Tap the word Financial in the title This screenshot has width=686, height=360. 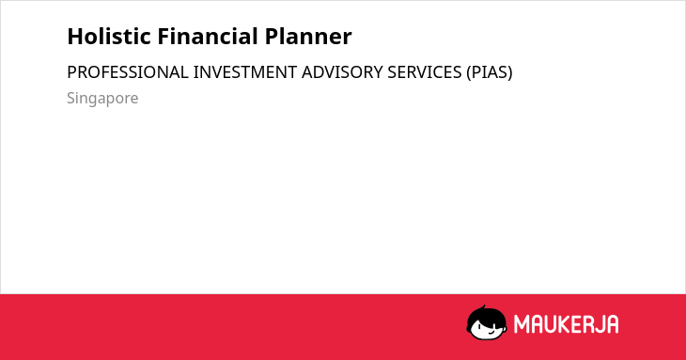(208, 37)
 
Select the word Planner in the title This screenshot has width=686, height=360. (308, 37)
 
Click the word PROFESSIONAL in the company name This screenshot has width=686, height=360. (127, 72)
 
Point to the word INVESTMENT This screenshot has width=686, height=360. (245, 72)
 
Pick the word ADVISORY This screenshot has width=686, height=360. (342, 72)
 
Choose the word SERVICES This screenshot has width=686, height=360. (425, 72)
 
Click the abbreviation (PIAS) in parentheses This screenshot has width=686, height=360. (489, 72)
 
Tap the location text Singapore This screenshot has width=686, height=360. (102, 99)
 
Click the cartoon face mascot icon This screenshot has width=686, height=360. (487, 322)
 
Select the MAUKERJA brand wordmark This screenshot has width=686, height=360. (566, 324)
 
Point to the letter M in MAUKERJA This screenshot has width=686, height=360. (522, 324)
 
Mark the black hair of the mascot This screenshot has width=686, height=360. (486, 314)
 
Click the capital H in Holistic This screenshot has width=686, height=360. (75, 37)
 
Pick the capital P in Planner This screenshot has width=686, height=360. (272, 37)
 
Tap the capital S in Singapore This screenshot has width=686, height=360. (71, 98)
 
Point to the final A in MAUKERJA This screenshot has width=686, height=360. (612, 324)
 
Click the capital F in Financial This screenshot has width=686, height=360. (164, 37)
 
